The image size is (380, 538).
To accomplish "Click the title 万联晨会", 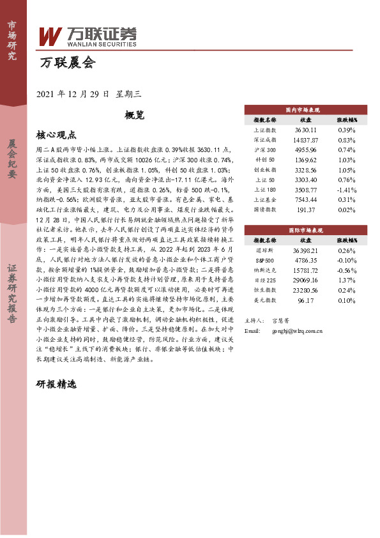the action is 66,63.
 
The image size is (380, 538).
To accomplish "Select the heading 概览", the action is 135,115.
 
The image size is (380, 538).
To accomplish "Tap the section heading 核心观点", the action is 57,135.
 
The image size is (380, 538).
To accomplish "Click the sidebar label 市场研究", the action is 12,40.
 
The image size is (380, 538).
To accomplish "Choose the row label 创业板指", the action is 264,170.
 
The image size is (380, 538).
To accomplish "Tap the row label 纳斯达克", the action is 264,270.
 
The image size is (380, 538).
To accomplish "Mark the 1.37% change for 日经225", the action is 346,281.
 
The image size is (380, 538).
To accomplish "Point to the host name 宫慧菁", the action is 281,320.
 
